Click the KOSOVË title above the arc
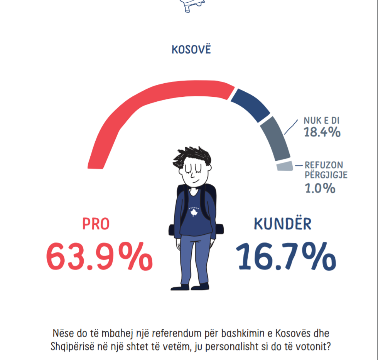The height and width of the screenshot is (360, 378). [x=191, y=50]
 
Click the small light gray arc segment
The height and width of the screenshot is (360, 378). [x=284, y=166]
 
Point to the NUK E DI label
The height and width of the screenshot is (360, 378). [x=322, y=121]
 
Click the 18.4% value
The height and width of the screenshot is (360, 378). [x=322, y=132]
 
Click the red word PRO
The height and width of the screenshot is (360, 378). [x=96, y=224]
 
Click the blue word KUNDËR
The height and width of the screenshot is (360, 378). [x=283, y=224]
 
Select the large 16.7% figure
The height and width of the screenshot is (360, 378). [x=286, y=256]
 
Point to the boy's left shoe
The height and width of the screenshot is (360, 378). [x=202, y=286]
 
